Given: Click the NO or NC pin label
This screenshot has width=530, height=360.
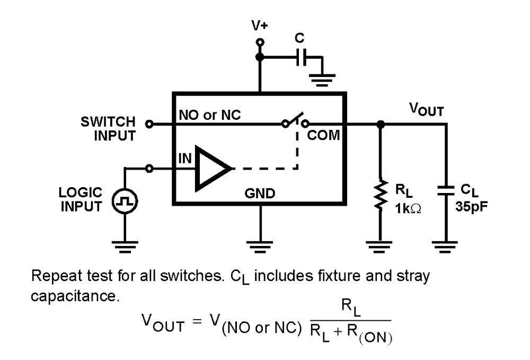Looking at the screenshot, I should pos(210,115).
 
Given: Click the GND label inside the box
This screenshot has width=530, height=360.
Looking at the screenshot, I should pos(260,194).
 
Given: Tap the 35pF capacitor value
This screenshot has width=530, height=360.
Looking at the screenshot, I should pos(471,207).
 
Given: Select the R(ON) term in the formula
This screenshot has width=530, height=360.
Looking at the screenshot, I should pos(366,337).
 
